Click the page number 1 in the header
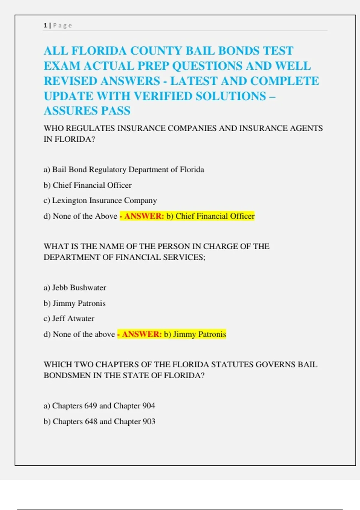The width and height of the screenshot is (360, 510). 45,25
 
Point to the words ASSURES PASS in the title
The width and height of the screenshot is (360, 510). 87,111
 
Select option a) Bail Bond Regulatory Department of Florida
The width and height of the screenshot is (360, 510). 124,169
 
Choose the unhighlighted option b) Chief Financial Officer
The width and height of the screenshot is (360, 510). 88,185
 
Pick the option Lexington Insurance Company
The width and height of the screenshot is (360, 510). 100,200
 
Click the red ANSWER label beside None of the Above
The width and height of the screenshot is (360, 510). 144,216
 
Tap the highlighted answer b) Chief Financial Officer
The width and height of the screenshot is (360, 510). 210,216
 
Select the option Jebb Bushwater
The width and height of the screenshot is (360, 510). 75,288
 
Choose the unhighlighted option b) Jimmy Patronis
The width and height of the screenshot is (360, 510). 75,303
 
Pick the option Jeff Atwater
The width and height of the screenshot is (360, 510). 69,318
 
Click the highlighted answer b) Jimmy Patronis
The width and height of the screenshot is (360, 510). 195,334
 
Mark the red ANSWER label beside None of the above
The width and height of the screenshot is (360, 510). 142,334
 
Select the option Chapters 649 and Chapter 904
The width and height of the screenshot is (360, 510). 99,406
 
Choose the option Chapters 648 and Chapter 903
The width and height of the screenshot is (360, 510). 100,421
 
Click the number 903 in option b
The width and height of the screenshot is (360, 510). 149,421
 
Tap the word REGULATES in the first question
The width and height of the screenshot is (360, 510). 90,128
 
